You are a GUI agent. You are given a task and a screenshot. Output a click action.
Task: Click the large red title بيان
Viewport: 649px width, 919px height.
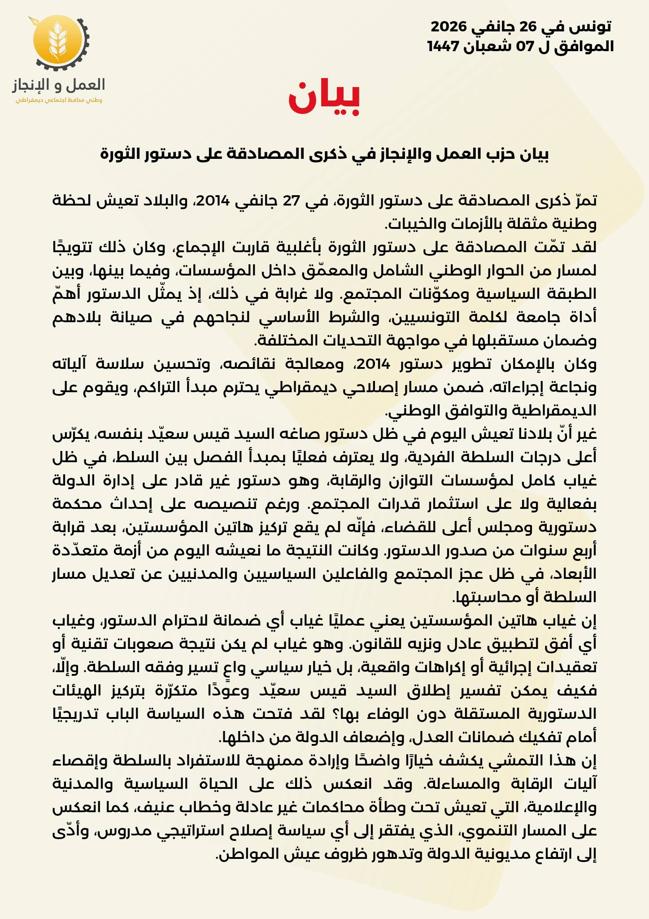pos(324,98)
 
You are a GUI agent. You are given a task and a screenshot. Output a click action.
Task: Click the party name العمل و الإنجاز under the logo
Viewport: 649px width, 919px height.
pos(59,84)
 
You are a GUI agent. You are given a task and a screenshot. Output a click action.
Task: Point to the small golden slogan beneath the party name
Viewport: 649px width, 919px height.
pos(59,100)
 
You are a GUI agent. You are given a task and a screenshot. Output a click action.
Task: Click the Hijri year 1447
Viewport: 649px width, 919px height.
pos(444,46)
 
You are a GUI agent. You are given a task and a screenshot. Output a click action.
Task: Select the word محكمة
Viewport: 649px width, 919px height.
pos(74,504)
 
